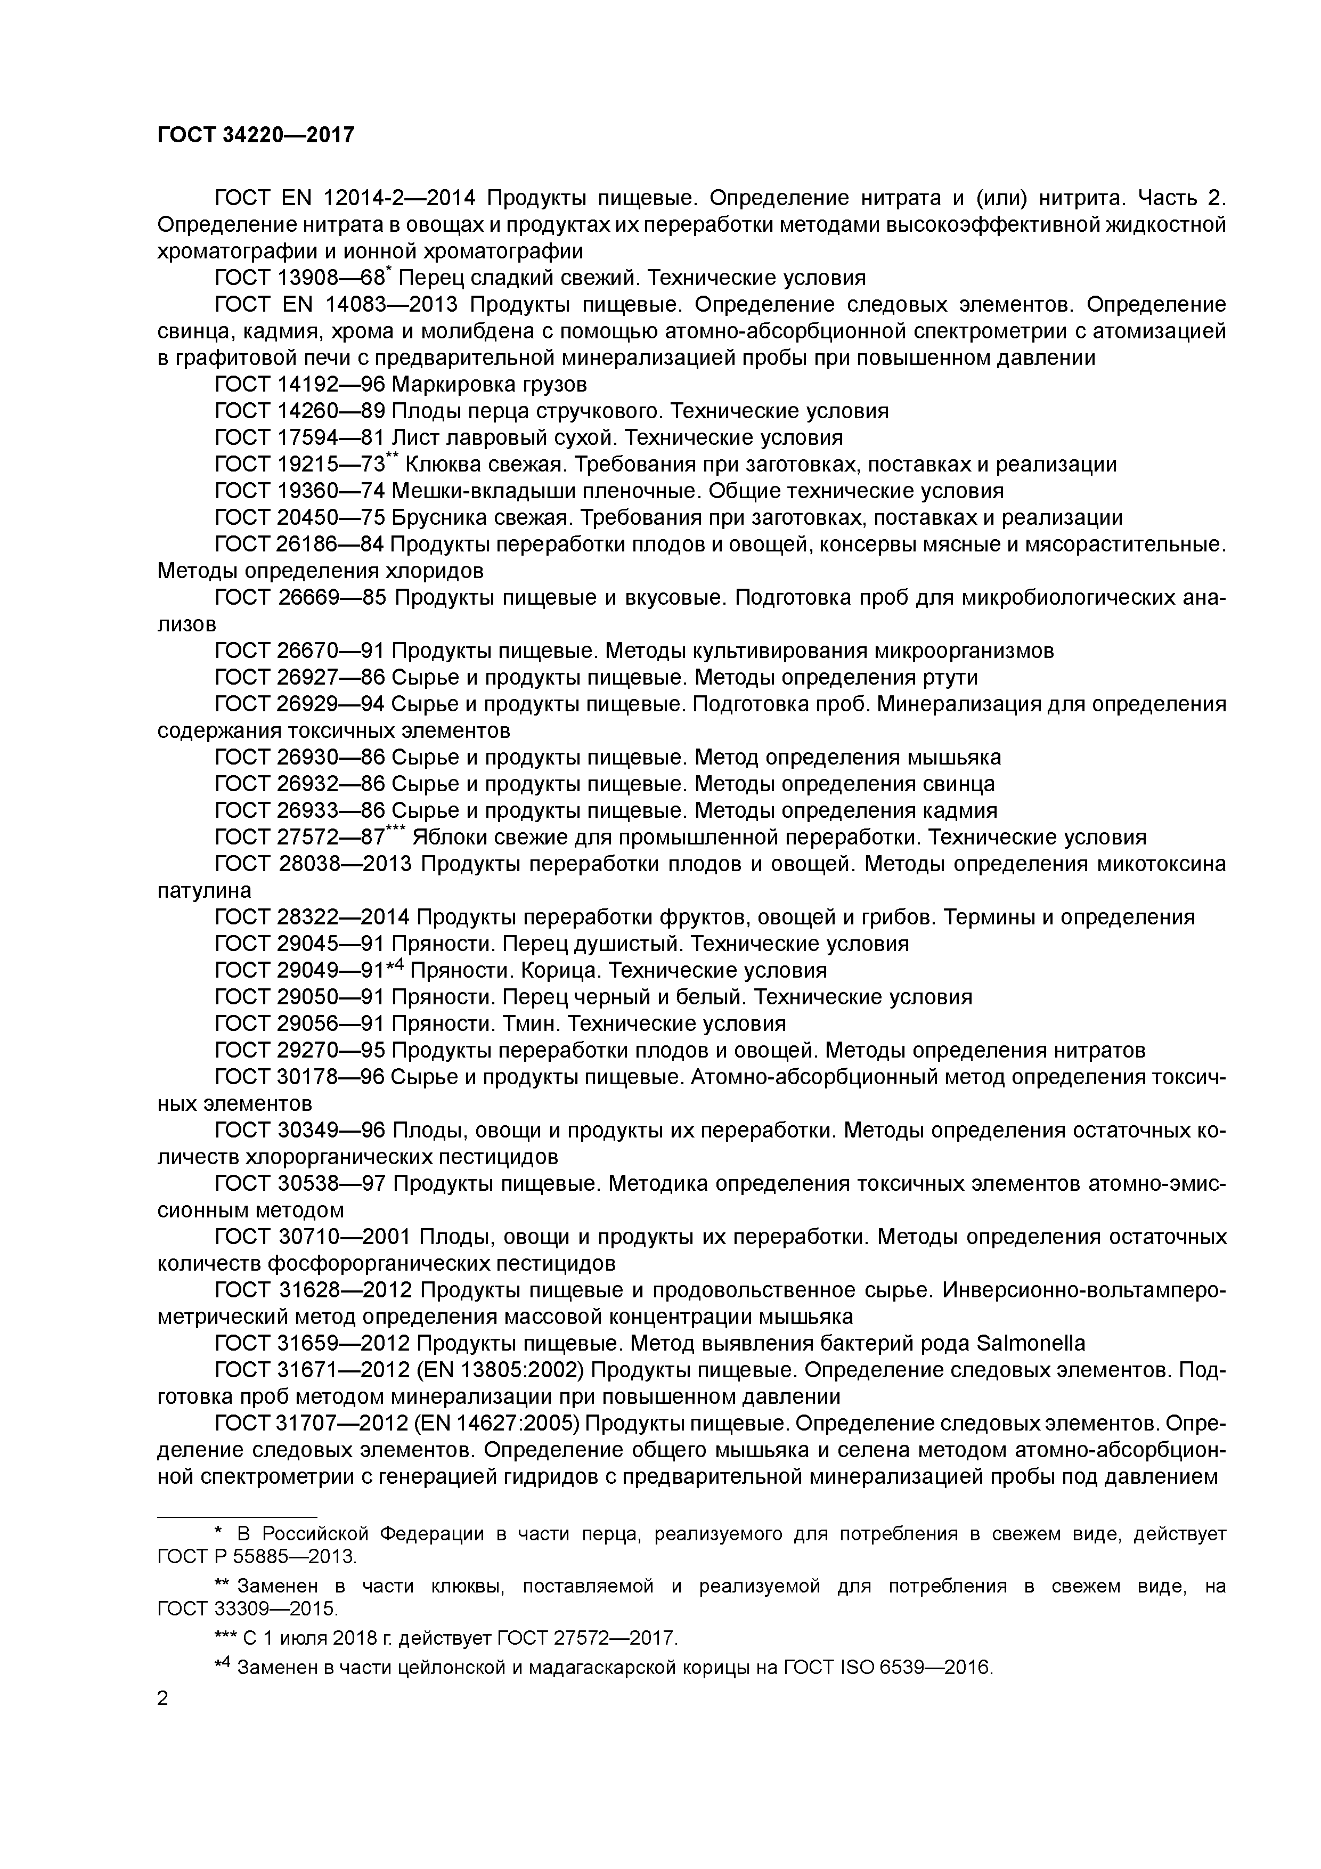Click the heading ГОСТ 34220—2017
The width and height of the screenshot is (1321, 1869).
(256, 135)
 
